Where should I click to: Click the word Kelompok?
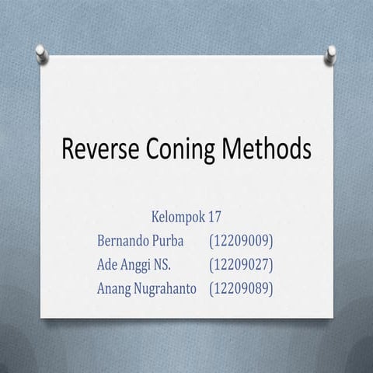pos(179,216)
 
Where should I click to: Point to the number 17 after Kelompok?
pos(216,216)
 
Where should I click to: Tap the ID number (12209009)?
pos(241,240)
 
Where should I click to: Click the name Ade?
pos(110,264)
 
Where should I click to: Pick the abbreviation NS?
pos(173,264)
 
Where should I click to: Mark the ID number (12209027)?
pos(241,264)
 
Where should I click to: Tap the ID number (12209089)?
pos(241,288)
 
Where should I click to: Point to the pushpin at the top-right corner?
pos(330,52)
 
